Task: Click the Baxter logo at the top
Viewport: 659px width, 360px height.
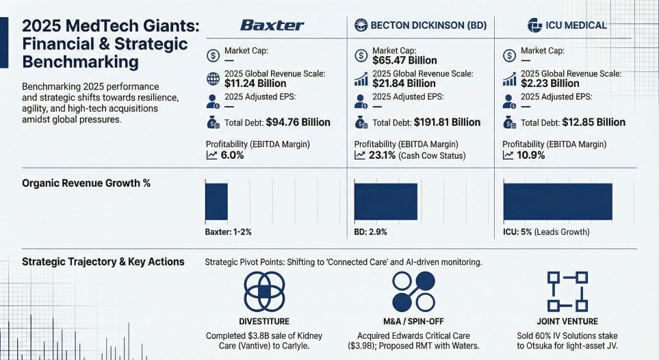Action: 272,25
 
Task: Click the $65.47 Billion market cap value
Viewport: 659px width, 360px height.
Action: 404,60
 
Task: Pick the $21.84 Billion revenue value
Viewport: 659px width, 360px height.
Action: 404,83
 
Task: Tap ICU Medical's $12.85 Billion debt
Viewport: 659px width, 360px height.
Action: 589,123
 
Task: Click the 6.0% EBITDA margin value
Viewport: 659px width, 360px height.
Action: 232,155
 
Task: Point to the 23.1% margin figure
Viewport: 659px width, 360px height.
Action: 380,155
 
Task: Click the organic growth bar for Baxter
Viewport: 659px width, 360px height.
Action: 216,201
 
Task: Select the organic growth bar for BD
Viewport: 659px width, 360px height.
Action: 385,201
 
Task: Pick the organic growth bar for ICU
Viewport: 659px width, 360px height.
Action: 557,201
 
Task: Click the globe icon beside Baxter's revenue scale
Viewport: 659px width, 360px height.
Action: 213,78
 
